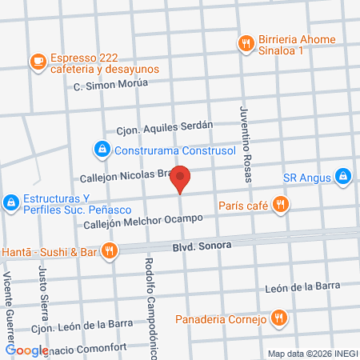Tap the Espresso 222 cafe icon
click(x=38, y=61)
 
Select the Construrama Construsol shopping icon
click(x=102, y=150)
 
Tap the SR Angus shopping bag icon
click(x=342, y=175)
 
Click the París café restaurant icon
click(x=279, y=205)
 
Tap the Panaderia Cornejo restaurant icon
click(x=278, y=318)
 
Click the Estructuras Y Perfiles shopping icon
click(x=12, y=204)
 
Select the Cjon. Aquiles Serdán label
click(x=165, y=126)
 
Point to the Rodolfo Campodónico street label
click(x=150, y=303)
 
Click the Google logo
click(x=27, y=350)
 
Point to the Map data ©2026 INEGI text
click(x=312, y=354)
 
